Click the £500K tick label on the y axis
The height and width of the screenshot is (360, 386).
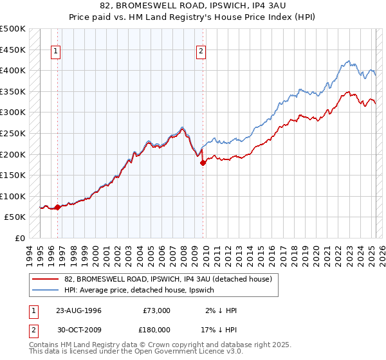(13, 29)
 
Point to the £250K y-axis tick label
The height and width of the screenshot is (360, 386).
(13, 133)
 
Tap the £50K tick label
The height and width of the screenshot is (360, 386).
(15, 217)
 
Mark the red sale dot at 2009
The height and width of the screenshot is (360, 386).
(203, 163)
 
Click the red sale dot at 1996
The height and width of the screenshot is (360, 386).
(58, 207)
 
